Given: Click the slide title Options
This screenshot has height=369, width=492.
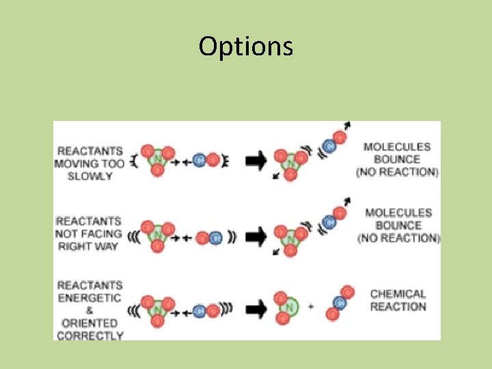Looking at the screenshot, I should pos(246,46).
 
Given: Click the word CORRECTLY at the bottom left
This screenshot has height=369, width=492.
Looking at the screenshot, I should pos(90,335).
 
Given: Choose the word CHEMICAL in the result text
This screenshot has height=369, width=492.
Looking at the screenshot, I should pos(398,294).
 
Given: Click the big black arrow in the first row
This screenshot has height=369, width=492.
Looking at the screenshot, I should pos(256,161).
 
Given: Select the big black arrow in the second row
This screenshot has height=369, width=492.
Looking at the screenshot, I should pos(256,237).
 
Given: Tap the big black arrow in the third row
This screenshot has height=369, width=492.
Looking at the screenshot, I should pos(256,308).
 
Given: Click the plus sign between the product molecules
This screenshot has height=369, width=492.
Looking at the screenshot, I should pos(312,307).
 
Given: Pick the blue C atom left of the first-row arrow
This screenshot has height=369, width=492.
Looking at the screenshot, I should pos(199,161).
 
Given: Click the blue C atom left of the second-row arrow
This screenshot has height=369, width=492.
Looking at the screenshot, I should pos(215,238).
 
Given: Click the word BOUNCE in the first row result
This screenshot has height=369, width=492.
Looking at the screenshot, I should pos(397,159).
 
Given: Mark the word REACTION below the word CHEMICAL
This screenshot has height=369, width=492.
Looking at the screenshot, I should pos(398,307).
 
